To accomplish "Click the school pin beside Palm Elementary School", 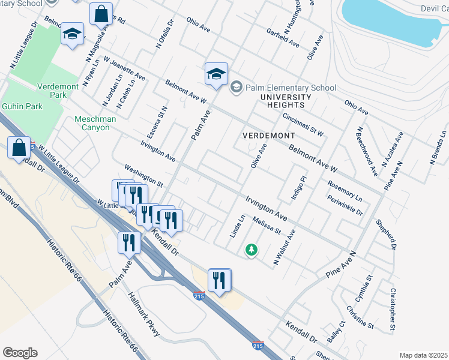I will (216, 74).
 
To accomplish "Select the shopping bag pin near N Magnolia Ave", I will (101, 14).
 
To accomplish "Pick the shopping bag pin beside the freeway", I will (19, 148).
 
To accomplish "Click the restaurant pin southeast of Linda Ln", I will (220, 280).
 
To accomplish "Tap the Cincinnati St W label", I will (303, 125).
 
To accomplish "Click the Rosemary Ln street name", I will (345, 190).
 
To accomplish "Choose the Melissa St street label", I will (267, 226).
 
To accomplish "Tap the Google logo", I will (20, 352).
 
